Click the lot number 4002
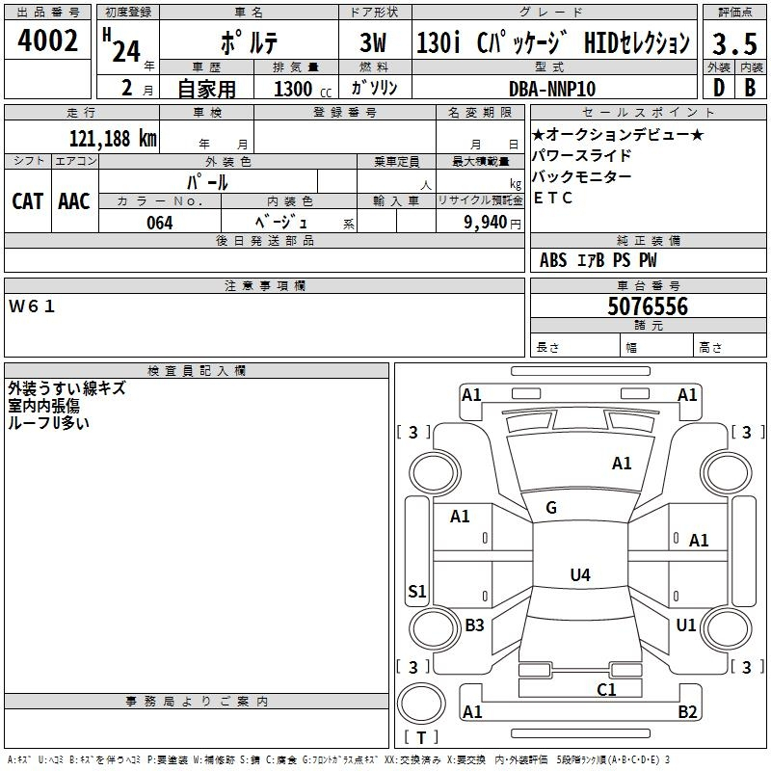(x=48, y=41)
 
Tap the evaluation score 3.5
(x=731, y=44)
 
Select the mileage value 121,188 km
(x=113, y=138)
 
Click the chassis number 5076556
(x=648, y=306)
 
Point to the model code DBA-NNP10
(x=552, y=89)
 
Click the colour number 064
(x=160, y=223)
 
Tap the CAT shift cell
(x=27, y=201)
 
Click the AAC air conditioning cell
(x=74, y=201)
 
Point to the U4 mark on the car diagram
(x=579, y=575)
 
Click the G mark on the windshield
(x=551, y=508)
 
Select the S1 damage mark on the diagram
(x=416, y=592)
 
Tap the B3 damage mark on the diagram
(x=474, y=625)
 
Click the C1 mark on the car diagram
(x=606, y=689)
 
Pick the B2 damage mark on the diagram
(x=687, y=712)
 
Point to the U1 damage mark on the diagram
(x=686, y=625)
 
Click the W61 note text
(x=33, y=306)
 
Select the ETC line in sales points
(x=553, y=199)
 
